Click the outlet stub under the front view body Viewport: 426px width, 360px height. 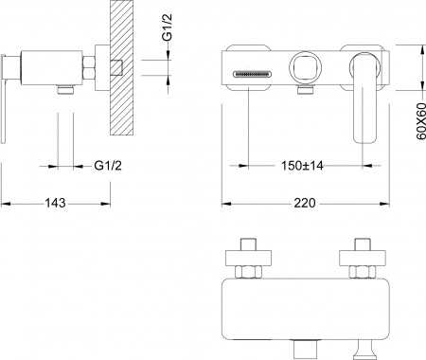(306, 92)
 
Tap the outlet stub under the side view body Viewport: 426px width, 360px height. (65, 91)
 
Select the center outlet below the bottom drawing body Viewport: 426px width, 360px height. (306, 350)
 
